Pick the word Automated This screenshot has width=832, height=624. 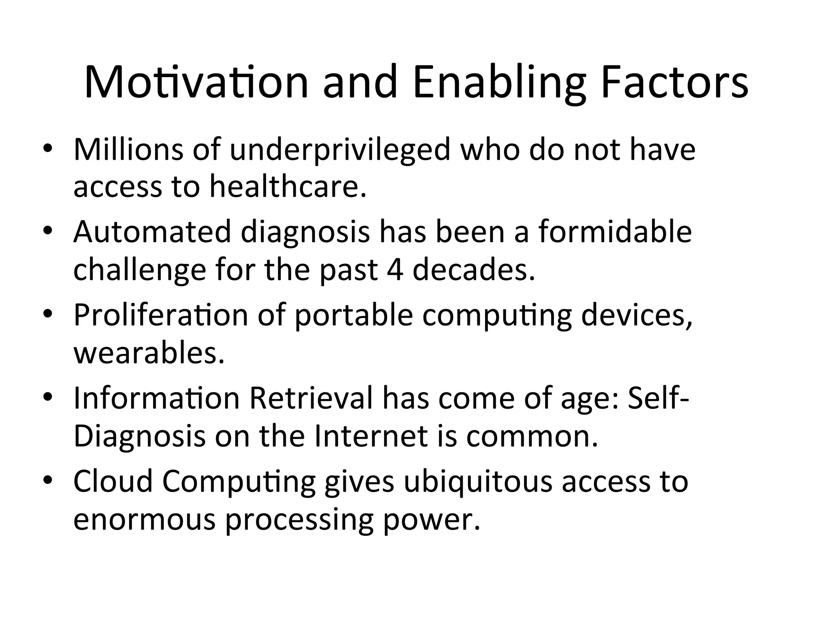click(x=152, y=232)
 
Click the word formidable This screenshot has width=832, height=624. click(x=615, y=232)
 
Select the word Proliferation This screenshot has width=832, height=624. click(x=161, y=315)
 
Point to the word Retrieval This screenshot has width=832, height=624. click(x=311, y=398)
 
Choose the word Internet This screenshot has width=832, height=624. click(x=371, y=436)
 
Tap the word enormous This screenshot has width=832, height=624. click(x=144, y=519)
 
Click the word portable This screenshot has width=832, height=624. click(x=353, y=315)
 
